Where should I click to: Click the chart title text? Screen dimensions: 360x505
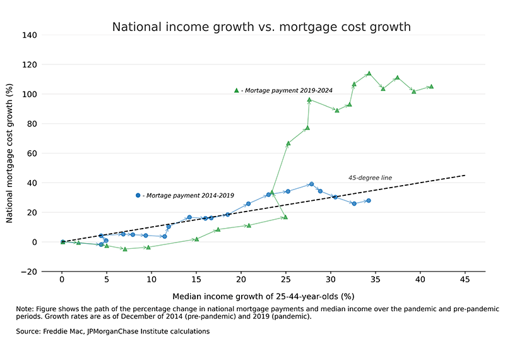(261, 27)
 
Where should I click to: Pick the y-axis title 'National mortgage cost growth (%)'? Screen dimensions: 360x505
(11, 153)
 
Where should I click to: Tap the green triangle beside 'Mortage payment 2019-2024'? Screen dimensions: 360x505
(236, 90)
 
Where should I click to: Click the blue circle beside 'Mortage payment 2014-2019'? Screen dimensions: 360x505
(138, 196)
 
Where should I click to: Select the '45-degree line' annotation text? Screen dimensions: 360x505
(370, 178)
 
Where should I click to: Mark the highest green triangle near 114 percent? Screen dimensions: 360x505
(369, 74)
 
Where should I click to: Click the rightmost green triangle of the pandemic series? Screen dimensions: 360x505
(431, 87)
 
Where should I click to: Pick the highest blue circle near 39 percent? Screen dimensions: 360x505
(311, 184)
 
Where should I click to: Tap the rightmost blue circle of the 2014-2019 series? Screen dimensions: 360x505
(368, 201)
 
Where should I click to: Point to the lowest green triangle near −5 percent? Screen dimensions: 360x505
(125, 249)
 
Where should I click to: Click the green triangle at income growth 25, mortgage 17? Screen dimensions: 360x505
(285, 217)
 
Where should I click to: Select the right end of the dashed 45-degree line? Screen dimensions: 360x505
(465, 175)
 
